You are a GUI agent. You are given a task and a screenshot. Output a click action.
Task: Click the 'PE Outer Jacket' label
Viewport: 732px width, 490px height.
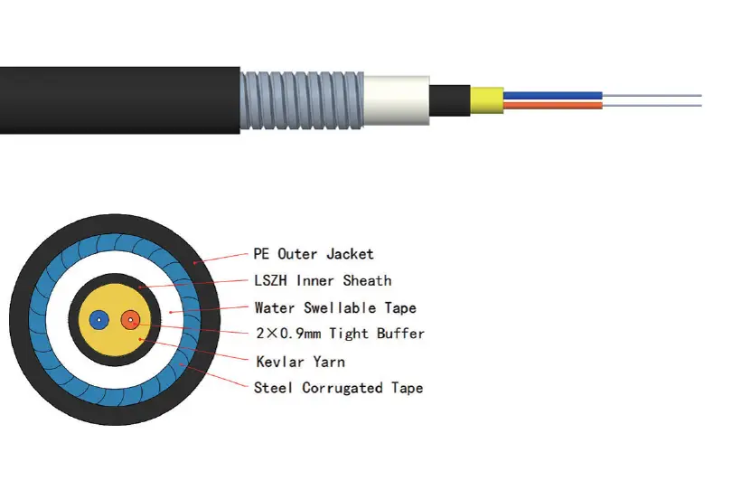314,253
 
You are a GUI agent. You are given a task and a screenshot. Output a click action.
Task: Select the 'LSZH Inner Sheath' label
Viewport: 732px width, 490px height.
323,280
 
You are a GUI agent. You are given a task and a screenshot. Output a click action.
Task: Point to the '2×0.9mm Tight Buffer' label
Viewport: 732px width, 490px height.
339,334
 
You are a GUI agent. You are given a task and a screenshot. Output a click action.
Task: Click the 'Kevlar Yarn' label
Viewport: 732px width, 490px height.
299,362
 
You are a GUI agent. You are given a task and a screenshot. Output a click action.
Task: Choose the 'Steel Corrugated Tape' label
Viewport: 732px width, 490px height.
338,388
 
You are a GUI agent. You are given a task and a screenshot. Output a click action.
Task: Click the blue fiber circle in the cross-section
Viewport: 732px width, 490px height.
100,319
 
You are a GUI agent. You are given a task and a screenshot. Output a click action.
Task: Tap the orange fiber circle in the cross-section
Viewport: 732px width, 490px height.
131,319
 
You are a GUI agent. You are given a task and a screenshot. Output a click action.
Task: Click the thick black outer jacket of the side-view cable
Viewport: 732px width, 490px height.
117,99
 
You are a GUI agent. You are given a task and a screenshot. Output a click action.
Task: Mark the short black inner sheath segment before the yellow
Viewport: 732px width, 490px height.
448,99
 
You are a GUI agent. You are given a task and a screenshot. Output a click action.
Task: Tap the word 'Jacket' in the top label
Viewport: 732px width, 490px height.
350,253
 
